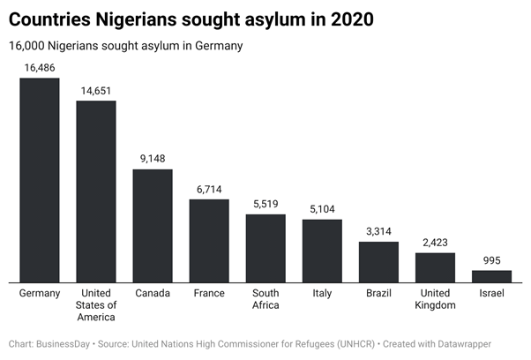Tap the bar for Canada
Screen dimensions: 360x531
point(153,226)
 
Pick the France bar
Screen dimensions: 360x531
point(209,241)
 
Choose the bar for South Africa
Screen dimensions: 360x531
point(265,248)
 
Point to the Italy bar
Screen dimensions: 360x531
point(322,251)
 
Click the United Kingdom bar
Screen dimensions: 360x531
point(435,267)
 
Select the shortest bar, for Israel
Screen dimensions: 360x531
point(491,276)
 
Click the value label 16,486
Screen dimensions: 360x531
point(40,66)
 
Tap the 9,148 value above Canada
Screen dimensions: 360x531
point(153,158)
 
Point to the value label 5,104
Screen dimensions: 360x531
point(322,208)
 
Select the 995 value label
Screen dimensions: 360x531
point(491,259)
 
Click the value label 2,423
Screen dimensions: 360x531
point(435,242)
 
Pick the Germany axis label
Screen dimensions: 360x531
point(40,293)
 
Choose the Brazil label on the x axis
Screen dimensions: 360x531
point(378,293)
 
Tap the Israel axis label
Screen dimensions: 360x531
point(491,293)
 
